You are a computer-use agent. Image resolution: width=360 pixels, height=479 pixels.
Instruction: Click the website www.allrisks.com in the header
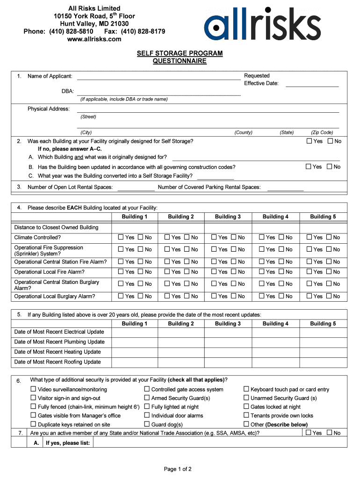tap(94, 39)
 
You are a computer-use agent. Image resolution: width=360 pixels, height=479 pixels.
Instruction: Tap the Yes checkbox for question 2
tap(309, 141)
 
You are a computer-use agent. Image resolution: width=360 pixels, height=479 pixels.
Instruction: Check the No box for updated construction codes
tap(330, 167)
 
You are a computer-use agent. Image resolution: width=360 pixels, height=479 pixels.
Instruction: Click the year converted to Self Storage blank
tap(216, 176)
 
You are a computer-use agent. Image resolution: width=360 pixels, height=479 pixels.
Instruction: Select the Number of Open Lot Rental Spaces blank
tap(136, 188)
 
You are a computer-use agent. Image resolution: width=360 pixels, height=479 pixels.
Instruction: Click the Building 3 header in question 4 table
tap(228, 217)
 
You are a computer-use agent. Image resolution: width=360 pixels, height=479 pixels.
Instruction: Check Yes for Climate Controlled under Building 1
tap(121, 238)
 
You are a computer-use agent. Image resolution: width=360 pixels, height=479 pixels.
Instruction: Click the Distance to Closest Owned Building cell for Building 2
tap(181, 227)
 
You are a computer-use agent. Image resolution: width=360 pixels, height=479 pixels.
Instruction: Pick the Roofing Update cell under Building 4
tap(275, 362)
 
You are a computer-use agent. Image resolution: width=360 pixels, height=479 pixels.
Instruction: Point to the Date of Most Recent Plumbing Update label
tap(59, 342)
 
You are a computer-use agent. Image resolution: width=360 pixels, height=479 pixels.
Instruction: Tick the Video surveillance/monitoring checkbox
tap(34, 389)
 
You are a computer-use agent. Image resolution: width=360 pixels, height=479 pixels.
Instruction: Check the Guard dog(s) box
tap(147, 424)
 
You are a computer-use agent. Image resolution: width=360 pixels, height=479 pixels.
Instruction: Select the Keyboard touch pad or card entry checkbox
tap(246, 389)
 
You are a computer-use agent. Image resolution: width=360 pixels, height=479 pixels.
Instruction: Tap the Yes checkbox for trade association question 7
tap(308, 433)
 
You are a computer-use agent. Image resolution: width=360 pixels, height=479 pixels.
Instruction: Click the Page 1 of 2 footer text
tap(178, 469)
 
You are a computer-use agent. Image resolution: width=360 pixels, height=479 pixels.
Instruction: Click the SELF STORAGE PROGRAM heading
tap(180, 54)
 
